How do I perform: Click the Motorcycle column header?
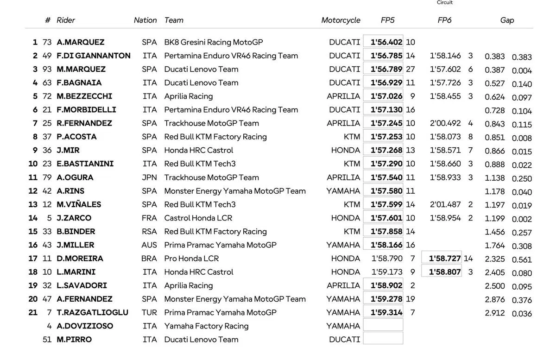[x=341, y=20]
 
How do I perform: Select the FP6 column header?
[x=444, y=20]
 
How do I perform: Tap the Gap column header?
[x=507, y=20]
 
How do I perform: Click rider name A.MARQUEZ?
[x=81, y=42]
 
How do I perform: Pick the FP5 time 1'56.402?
[x=386, y=42]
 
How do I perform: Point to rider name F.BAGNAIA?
[x=79, y=82]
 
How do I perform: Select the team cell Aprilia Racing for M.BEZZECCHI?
[x=189, y=96]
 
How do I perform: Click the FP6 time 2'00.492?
[x=445, y=123]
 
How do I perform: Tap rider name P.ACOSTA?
[x=77, y=137]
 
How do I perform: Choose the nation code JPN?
[x=149, y=177]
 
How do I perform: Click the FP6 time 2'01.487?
[x=445, y=204]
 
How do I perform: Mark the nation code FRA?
[x=149, y=218]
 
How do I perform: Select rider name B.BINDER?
[x=76, y=231]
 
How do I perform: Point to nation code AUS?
[x=149, y=245]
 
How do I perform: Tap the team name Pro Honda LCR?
[x=191, y=259]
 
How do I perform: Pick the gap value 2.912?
[x=495, y=313]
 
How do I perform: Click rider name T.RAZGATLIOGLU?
[x=93, y=313]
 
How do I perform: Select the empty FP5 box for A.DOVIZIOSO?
[x=383, y=325]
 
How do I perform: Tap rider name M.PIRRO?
[x=74, y=340]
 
